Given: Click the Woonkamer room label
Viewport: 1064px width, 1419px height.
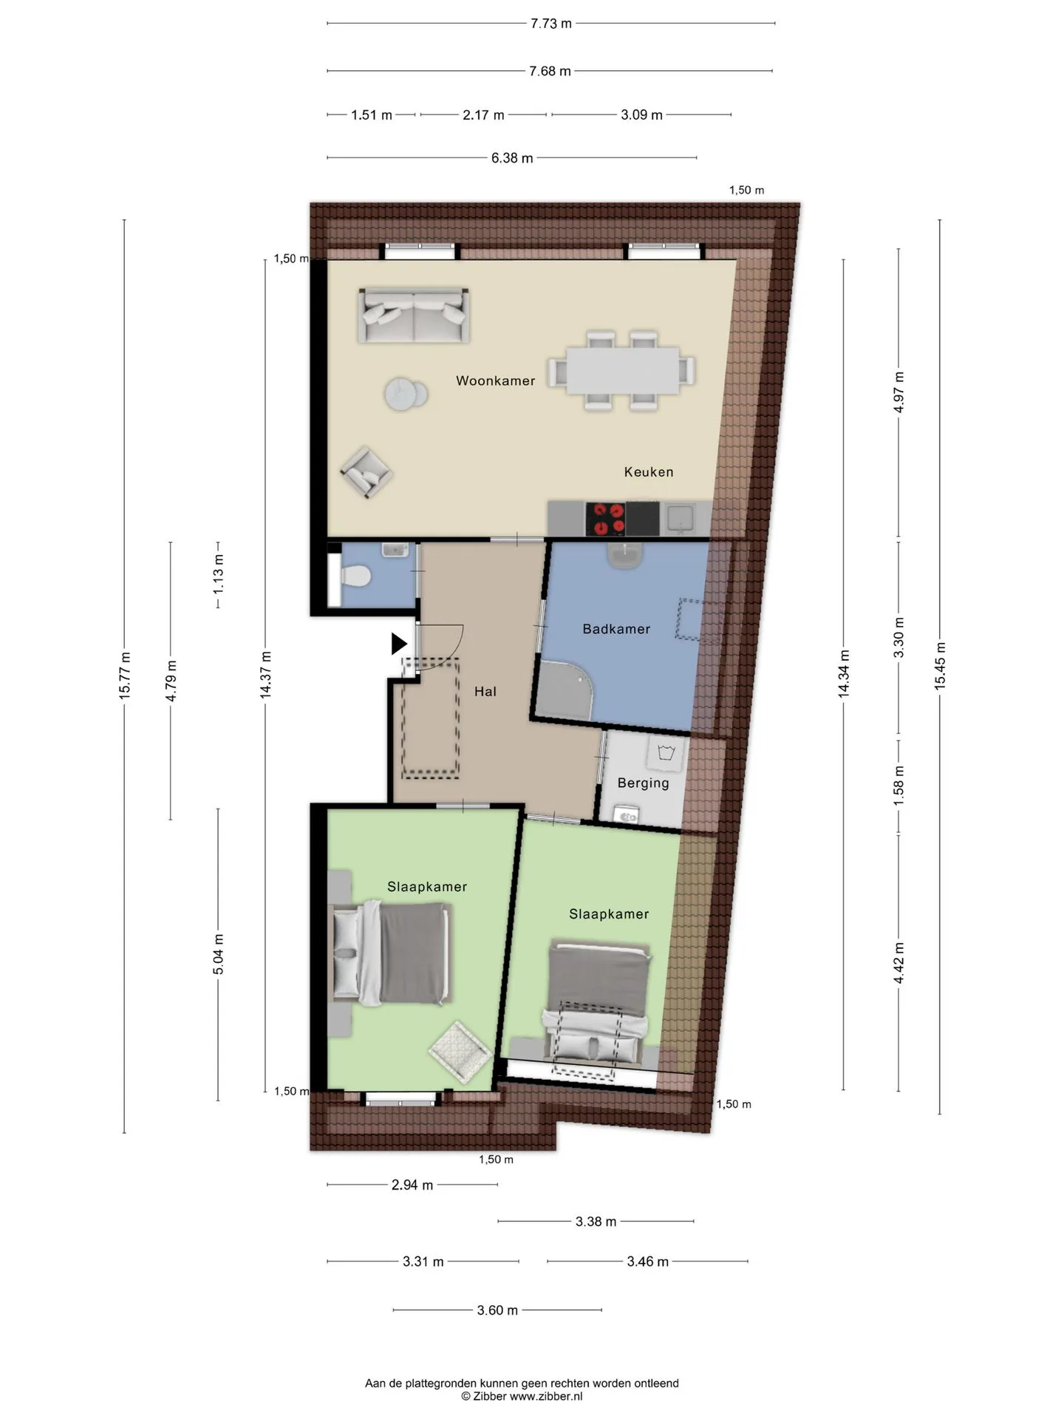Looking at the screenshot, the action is click(495, 381).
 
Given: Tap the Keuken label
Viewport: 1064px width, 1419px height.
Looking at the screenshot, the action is click(649, 472).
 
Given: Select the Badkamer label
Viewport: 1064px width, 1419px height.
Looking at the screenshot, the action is click(616, 629).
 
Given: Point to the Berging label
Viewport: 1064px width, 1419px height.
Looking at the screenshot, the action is click(643, 783).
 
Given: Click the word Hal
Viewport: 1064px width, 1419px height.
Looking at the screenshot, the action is click(485, 692).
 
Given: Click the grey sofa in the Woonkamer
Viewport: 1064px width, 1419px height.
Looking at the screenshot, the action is click(414, 316).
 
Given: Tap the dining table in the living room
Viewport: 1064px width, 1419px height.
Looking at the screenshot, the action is click(622, 370).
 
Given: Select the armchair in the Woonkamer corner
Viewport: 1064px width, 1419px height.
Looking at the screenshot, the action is click(366, 473).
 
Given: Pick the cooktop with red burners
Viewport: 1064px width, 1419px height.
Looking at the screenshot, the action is click(605, 518).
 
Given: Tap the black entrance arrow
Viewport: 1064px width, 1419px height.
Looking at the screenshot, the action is click(399, 644).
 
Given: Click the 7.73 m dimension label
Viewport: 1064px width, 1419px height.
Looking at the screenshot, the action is click(551, 23).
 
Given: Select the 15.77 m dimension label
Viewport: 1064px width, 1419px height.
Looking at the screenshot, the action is click(125, 676).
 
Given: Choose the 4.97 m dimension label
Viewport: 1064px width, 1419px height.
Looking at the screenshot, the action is click(899, 392).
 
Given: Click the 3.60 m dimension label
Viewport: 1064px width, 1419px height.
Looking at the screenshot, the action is click(497, 1310).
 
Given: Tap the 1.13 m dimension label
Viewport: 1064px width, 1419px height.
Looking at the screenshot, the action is click(218, 574).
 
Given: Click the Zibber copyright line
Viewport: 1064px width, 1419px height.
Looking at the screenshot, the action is click(522, 1396).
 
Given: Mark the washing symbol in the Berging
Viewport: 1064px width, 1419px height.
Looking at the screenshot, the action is click(668, 753).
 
